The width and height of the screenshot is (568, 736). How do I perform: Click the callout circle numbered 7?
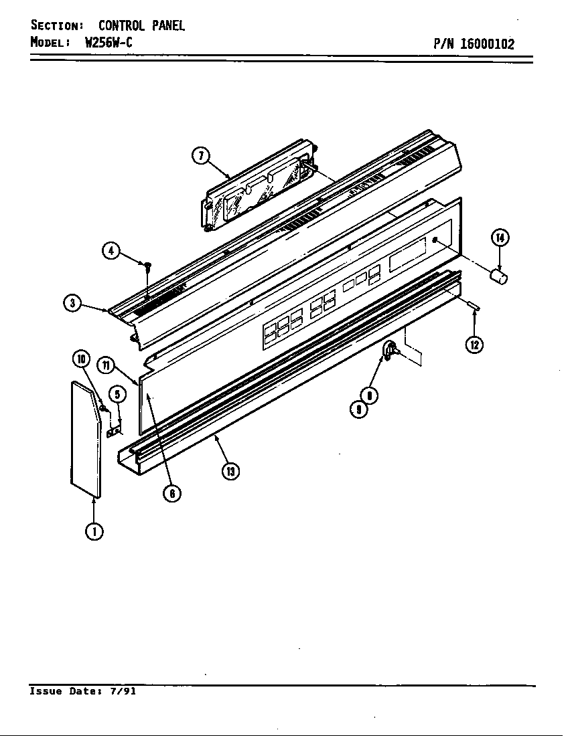click(200, 156)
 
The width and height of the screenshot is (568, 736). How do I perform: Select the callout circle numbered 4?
click(111, 251)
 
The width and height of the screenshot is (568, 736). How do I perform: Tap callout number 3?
click(72, 303)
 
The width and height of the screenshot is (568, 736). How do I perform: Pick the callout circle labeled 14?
click(500, 237)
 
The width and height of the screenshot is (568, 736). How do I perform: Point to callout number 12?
click(475, 345)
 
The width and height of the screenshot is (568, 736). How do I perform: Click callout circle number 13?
click(230, 471)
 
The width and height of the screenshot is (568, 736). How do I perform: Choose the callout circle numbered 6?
click(172, 494)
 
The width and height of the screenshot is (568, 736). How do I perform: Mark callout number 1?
click(94, 531)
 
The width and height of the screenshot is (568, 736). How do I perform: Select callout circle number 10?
click(82, 359)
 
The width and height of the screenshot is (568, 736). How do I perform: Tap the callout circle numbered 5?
click(116, 394)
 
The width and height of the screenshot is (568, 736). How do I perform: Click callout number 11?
click(106, 365)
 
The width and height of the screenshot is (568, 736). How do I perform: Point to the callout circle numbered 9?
click(359, 410)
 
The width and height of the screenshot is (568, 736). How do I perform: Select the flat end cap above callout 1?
click(86, 439)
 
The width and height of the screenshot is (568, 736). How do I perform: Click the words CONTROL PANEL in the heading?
click(141, 26)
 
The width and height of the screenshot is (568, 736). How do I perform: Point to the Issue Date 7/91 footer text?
click(82, 691)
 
